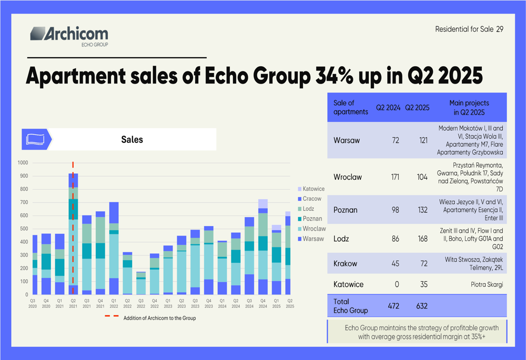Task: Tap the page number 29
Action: click(499, 29)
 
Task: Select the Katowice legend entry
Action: click(313, 189)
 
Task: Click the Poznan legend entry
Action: click(312, 219)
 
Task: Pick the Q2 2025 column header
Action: click(417, 108)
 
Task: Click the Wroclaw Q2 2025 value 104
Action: click(422, 177)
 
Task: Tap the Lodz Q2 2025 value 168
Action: click(422, 239)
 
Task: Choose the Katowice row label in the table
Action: click(348, 284)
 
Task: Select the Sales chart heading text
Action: click(131, 139)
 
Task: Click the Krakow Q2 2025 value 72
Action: click(422, 263)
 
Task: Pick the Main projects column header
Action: click(469, 108)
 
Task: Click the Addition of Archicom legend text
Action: click(159, 318)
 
